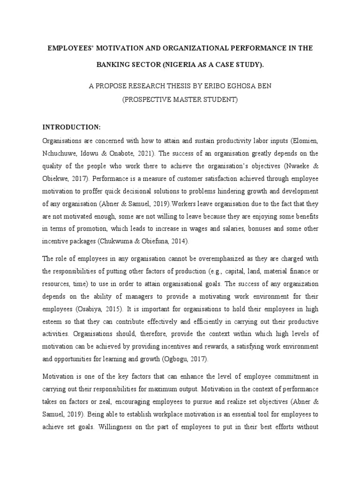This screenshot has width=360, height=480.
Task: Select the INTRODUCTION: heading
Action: click(x=72, y=127)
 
